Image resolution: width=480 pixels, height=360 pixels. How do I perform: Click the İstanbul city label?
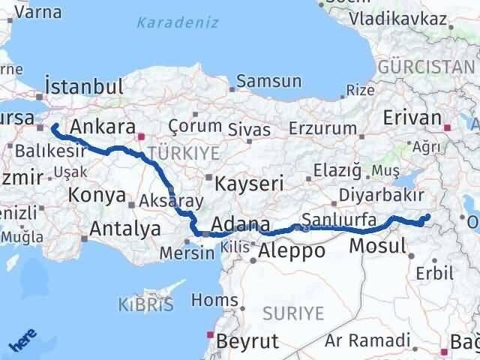[83, 85]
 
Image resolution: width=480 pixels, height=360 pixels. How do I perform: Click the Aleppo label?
[292, 250]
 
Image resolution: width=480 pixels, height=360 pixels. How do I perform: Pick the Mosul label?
[378, 246]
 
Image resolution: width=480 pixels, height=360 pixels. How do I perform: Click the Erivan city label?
[411, 118]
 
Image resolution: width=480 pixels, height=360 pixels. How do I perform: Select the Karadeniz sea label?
[178, 22]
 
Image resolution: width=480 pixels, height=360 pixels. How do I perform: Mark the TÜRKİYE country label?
[184, 154]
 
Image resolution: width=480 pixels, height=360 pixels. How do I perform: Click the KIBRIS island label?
[145, 304]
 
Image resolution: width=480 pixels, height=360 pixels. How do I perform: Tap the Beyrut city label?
[247, 342]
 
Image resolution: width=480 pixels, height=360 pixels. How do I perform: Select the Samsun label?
[268, 81]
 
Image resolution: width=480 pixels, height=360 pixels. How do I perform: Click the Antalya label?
[124, 229]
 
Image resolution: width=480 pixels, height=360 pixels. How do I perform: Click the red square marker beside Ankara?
[141, 137]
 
